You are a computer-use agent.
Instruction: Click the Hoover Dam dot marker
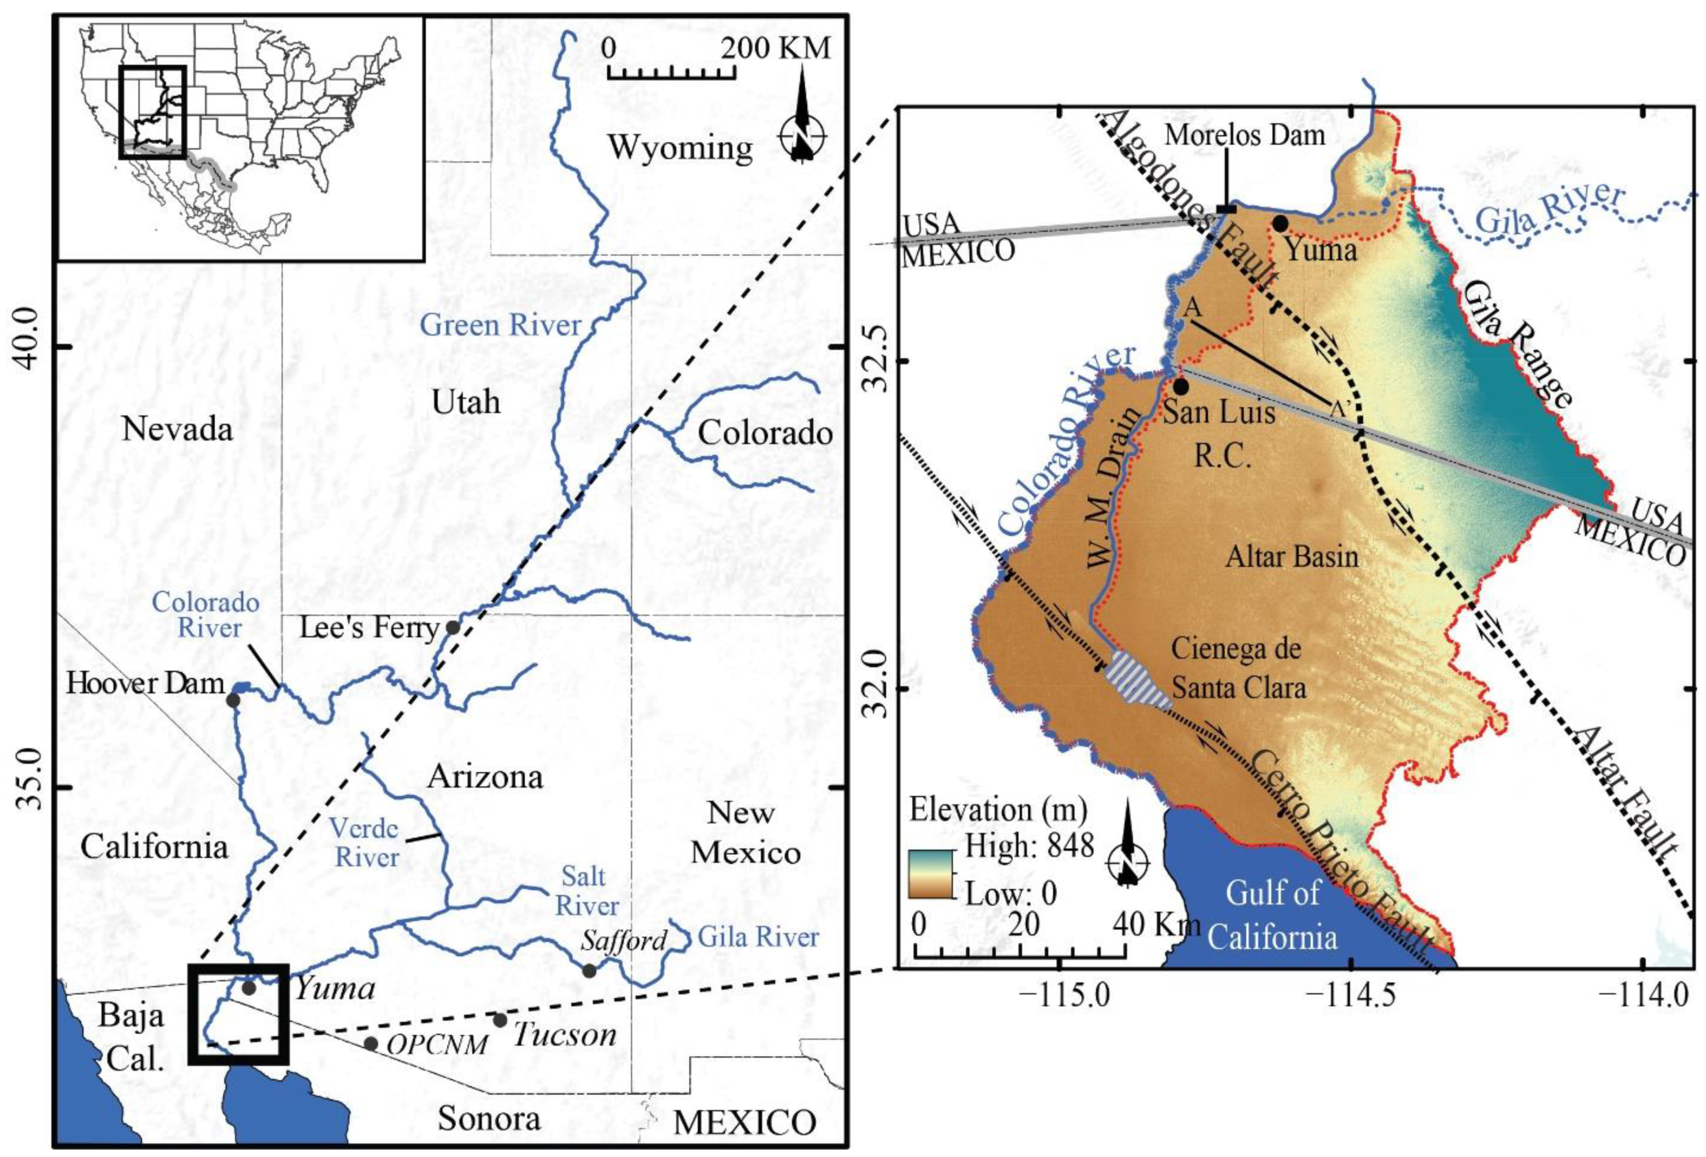click(233, 700)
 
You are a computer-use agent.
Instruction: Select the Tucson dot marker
click(500, 1020)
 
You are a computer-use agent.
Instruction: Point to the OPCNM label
click(437, 1044)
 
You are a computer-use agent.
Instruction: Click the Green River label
click(500, 325)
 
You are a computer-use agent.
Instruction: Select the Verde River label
click(365, 843)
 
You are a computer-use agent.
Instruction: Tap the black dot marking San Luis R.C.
click(1180, 386)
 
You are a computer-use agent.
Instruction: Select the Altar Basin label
click(1292, 556)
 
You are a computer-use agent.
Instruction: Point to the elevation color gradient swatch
click(931, 873)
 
